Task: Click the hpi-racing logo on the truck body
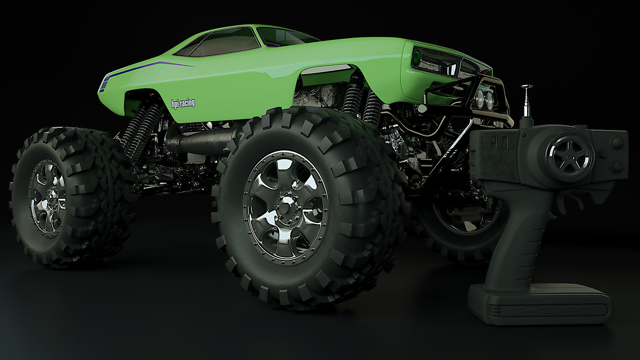tap(183, 103)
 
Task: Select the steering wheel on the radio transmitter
tap(570, 155)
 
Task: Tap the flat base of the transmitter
tap(540, 305)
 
